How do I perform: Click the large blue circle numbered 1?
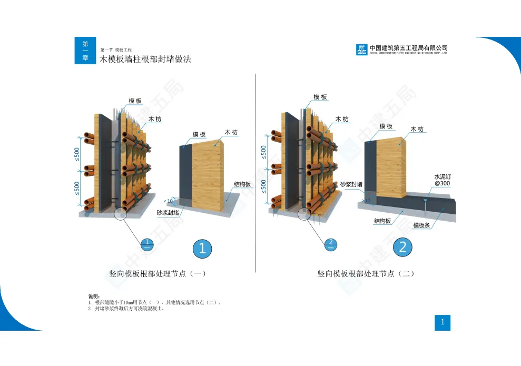point(202,248)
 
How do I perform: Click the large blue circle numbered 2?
point(402,246)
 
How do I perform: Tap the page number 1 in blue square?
point(443,323)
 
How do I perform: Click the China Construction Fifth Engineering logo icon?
point(362,50)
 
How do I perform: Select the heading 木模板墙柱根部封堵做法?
point(145,60)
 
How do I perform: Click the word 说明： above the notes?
point(93,297)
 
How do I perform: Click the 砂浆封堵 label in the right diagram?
point(351,184)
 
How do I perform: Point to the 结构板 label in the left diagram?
point(242,184)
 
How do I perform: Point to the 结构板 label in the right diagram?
point(382,221)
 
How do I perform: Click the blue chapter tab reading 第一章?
point(85,51)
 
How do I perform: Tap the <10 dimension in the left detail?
point(168,201)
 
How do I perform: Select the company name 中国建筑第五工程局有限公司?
point(409,47)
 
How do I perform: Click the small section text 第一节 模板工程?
point(112,50)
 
